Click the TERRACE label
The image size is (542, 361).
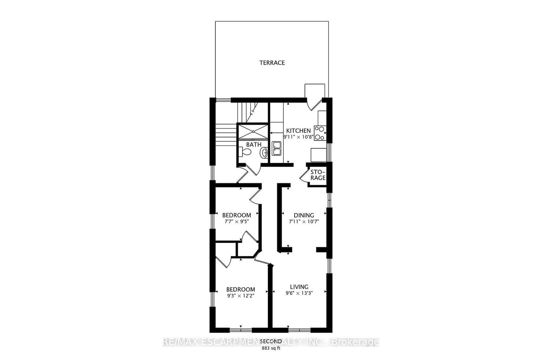point(272,63)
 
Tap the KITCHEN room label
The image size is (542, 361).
point(298,131)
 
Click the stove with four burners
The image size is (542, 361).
point(319,133)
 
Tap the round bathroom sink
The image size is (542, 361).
point(264,153)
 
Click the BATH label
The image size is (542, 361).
point(254,145)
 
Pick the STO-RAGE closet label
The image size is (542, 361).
point(318,175)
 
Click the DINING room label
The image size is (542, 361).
point(304,215)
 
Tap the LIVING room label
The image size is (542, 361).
point(299,287)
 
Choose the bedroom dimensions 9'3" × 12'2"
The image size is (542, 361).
point(241,296)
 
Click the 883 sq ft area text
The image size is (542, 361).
point(271,348)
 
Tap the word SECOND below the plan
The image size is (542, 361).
point(271,341)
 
